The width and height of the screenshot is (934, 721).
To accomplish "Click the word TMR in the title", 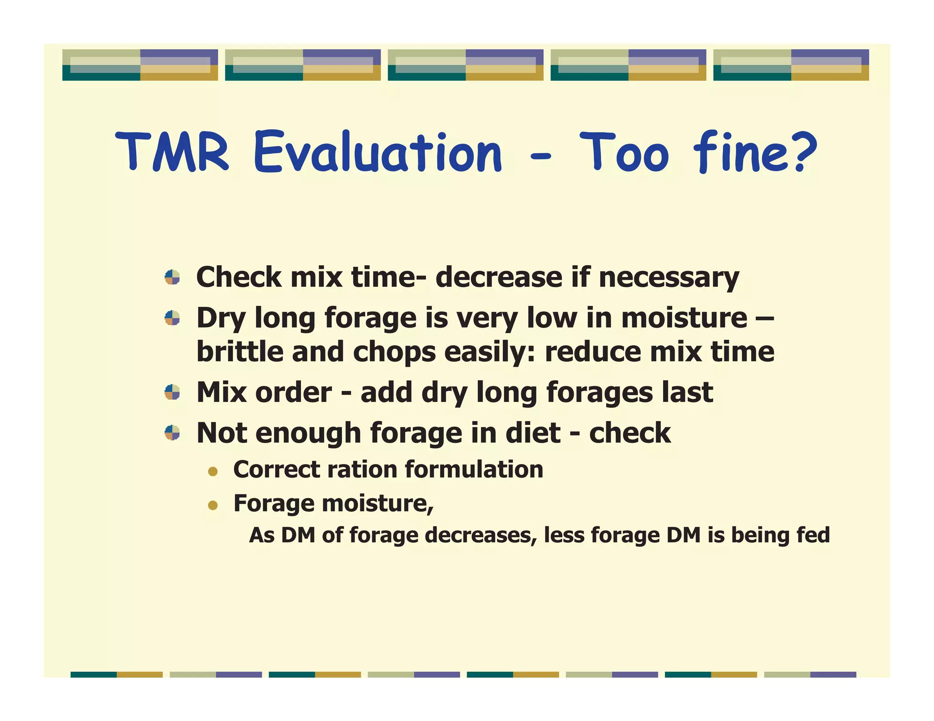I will [172, 152].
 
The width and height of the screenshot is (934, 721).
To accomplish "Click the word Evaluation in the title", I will [378, 152].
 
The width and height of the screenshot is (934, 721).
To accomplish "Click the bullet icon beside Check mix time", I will [172, 277].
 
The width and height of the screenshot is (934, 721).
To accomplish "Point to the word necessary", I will [668, 278].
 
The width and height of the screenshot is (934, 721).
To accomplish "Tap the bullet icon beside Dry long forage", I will [172, 318].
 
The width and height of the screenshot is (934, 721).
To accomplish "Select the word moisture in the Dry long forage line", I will [684, 318].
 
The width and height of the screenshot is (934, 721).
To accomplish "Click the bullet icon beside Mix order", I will [172, 392].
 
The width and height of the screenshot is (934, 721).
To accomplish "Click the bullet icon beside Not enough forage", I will [172, 433].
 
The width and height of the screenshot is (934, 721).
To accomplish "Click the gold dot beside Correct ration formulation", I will [213, 471].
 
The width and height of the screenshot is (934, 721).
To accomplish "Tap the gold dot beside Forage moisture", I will [213, 505].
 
